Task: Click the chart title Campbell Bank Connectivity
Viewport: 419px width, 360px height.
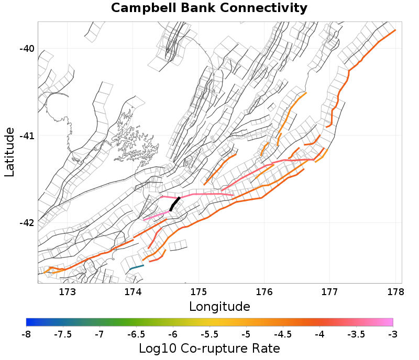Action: point(209,8)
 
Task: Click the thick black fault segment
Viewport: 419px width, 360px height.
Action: point(175,204)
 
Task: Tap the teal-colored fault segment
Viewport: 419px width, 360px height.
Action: point(136,267)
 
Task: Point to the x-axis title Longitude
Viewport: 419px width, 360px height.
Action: point(219,306)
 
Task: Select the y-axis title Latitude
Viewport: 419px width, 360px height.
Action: point(9,151)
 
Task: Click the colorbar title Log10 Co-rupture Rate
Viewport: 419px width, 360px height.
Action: point(209,348)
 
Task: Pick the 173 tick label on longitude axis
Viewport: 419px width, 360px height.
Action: point(68,292)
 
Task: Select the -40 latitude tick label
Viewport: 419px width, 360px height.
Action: point(27,49)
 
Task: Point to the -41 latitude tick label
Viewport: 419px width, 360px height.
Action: point(27,136)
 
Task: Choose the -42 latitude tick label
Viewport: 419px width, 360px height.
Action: point(27,223)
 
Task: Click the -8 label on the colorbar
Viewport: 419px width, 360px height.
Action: point(26,334)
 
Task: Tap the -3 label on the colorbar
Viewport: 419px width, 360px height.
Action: point(392,334)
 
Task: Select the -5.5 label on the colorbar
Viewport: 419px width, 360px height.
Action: point(209,334)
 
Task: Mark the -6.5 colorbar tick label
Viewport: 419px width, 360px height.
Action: point(136,334)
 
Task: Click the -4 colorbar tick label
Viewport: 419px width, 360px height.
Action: point(319,334)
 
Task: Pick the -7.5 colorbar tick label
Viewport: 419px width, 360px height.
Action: point(63,334)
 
